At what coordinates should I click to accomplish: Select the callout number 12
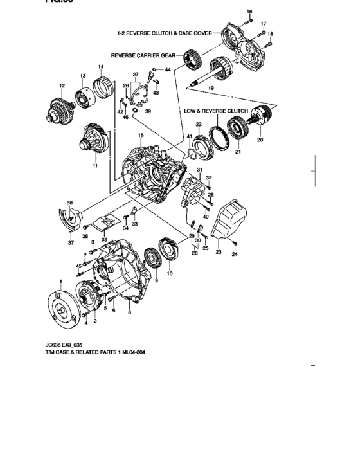[62, 85]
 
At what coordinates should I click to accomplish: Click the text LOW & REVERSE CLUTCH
[215, 111]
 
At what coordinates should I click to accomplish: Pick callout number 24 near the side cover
[234, 255]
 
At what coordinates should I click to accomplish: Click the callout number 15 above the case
[141, 136]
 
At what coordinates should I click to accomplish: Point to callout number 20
[260, 138]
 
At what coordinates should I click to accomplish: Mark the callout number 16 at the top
[250, 12]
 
